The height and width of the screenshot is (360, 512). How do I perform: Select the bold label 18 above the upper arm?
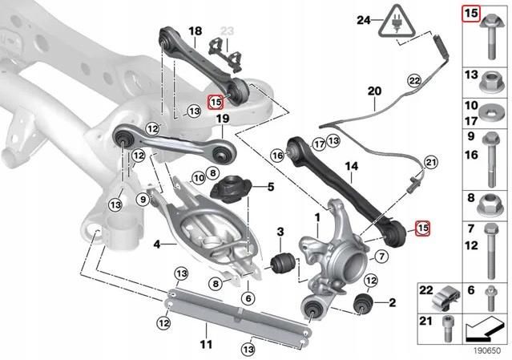coord(195,31)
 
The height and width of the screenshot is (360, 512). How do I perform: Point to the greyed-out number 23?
coord(227,30)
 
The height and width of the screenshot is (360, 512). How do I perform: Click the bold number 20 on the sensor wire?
coord(371,92)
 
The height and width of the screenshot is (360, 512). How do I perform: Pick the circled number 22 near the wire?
coord(413,81)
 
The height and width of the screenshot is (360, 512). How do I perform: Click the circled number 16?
coord(278,155)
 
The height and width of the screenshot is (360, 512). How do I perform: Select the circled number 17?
coord(318,144)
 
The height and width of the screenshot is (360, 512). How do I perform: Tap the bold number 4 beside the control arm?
coord(157,242)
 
